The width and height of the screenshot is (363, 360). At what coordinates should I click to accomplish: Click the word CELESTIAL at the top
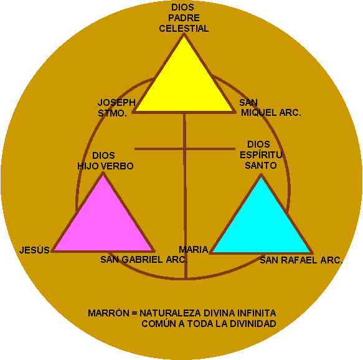(184, 29)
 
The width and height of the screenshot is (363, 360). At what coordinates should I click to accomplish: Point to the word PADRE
(184, 18)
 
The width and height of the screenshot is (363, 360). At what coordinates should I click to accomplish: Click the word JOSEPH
(116, 102)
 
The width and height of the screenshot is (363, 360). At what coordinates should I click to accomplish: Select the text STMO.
(112, 113)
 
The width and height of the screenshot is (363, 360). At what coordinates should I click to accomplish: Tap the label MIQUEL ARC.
(271, 113)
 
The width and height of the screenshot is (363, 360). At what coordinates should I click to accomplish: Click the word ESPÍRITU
(261, 155)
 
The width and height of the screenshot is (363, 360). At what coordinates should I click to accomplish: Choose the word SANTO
(261, 166)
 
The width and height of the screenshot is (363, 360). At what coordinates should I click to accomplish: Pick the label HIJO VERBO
(105, 166)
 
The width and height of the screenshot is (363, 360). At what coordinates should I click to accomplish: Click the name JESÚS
(34, 250)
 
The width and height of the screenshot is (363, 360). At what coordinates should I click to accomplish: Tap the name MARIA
(194, 250)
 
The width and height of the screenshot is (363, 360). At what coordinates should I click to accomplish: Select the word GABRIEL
(142, 260)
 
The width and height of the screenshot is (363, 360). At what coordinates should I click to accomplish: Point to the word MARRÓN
(108, 313)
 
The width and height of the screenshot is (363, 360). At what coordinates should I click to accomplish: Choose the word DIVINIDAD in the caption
(253, 324)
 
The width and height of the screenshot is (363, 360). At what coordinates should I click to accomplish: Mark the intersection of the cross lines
(185, 149)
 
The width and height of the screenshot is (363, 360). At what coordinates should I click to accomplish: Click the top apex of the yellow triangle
(184, 34)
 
